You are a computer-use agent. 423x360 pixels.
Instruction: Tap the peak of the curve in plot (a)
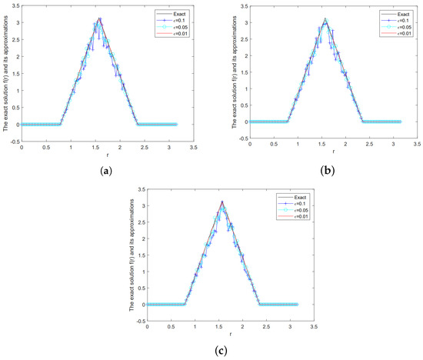coord(98,18)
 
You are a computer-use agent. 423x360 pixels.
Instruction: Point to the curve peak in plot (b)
coord(325,20)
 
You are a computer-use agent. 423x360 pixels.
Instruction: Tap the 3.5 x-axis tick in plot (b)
coord(418,145)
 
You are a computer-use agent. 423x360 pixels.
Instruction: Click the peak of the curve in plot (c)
coord(221,202)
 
